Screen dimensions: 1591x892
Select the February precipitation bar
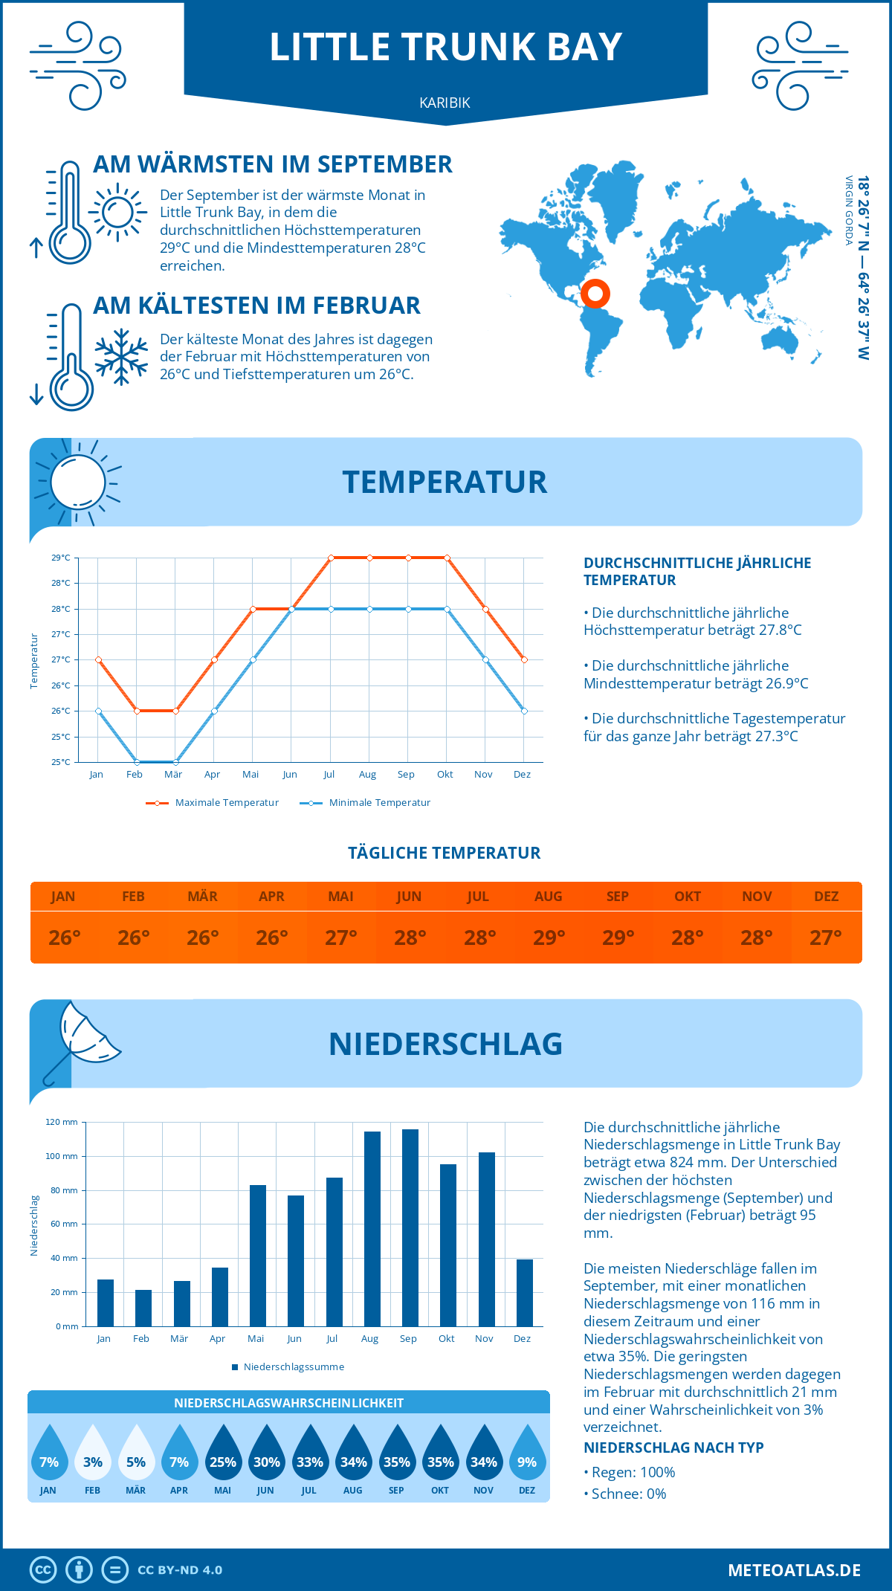143,1308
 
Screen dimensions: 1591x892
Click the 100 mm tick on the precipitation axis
62,1156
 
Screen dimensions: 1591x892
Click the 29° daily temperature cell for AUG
549,938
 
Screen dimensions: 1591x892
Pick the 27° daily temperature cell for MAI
340,938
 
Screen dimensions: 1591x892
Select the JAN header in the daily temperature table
63,897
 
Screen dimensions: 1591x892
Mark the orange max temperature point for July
331,558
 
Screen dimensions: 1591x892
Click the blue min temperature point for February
137,762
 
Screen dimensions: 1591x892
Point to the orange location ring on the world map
595,293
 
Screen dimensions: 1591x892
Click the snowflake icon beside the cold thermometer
121,357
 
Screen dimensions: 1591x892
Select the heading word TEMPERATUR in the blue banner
445,482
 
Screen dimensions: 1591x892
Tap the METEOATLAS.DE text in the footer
794,1570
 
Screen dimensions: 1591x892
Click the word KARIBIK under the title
445,103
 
